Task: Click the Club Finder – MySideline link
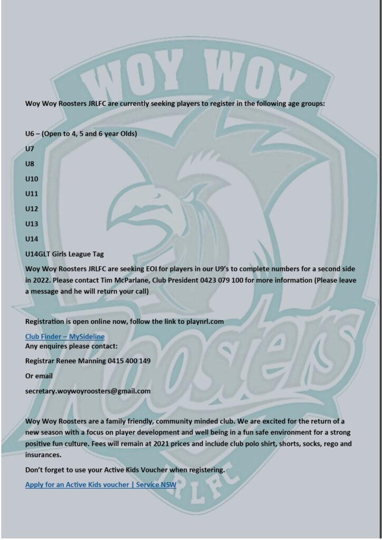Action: (65, 336)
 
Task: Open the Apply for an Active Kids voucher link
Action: (100, 484)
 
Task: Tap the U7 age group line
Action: (30, 149)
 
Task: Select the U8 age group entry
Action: (30, 163)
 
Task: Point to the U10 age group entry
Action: (32, 179)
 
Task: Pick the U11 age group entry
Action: (32, 194)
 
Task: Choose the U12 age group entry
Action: (32, 209)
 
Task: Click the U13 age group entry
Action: (32, 224)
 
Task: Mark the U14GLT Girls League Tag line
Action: (64, 254)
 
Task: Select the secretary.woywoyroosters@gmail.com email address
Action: (88, 391)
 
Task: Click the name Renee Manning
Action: (81, 361)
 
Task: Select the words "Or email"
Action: (39, 376)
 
